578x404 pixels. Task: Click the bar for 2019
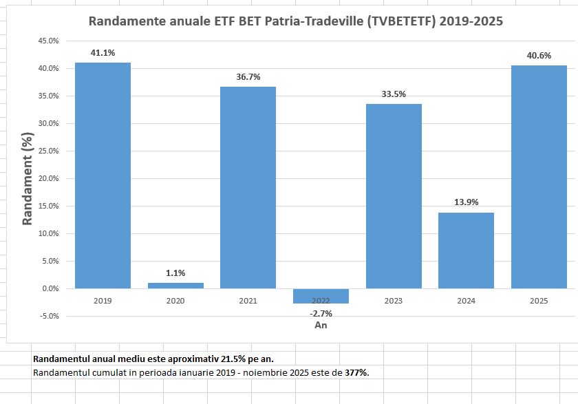click(x=103, y=176)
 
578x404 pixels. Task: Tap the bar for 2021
click(x=248, y=187)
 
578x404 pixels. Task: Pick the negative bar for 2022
click(x=321, y=296)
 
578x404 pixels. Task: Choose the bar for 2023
click(x=394, y=196)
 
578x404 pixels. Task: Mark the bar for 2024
click(x=466, y=251)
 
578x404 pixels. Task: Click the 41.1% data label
click(x=103, y=52)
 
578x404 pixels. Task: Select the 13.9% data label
click(x=466, y=202)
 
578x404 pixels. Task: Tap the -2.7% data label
click(x=321, y=314)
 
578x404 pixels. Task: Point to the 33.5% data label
click(x=394, y=94)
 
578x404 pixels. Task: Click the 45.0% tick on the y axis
click(x=47, y=41)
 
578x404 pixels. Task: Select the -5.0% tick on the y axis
click(x=47, y=317)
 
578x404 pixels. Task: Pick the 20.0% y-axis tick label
click(x=47, y=179)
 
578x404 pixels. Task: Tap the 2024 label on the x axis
click(x=466, y=301)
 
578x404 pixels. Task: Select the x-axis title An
click(x=321, y=325)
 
